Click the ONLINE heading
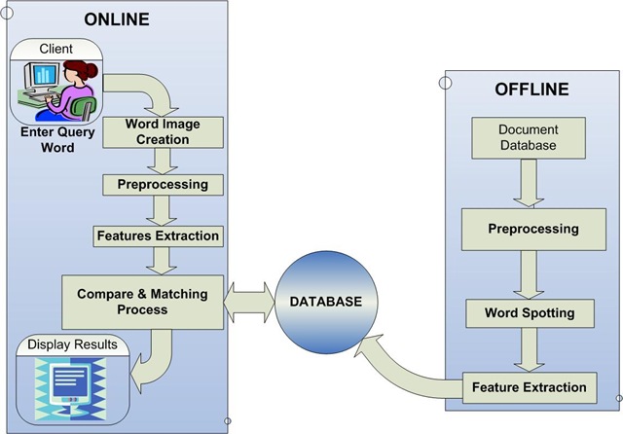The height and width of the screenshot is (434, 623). [117, 19]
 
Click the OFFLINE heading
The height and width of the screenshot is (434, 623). [531, 90]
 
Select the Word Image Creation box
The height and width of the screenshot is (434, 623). [163, 132]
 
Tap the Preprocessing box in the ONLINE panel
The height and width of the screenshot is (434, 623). [163, 185]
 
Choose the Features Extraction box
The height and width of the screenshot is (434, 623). [158, 236]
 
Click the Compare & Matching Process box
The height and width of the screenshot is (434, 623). [143, 303]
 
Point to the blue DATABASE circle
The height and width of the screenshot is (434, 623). [326, 303]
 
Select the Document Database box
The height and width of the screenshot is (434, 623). [529, 138]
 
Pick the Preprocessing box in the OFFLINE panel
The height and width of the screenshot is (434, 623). [533, 229]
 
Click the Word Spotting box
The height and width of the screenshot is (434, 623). [530, 313]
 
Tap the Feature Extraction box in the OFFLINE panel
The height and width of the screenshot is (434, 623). [530, 387]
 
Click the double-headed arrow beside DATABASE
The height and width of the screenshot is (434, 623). [249, 303]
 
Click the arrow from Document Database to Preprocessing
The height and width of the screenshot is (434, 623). [529, 183]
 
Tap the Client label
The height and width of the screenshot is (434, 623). [56, 49]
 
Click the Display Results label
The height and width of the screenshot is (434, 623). [72, 344]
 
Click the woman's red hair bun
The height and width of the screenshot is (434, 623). [92, 71]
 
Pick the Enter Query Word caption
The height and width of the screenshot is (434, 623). [57, 140]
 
